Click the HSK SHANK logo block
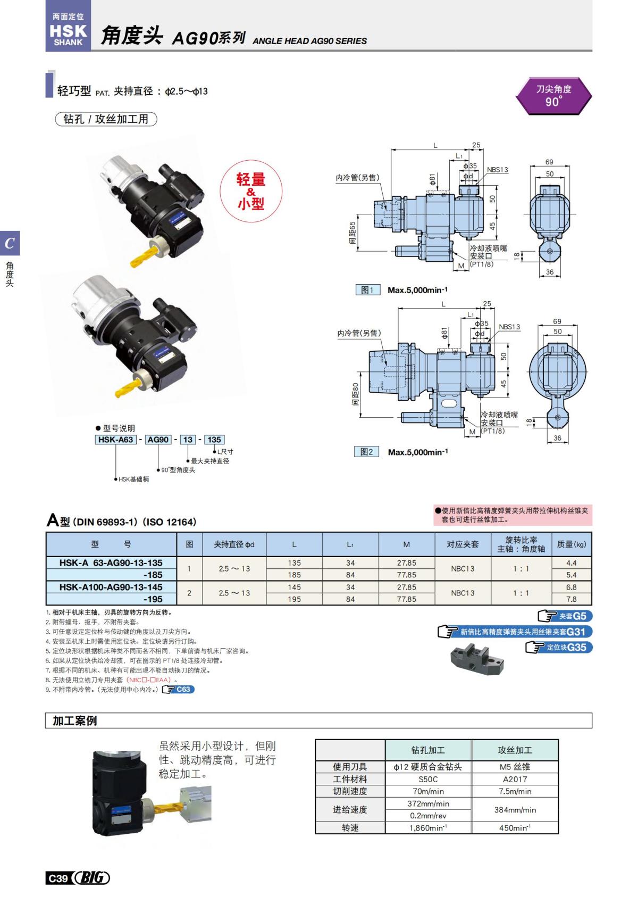(68, 31)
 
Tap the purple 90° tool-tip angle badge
(553, 96)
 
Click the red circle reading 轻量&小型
(251, 191)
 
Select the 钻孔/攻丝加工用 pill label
(106, 119)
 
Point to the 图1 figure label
(367, 290)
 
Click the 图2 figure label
(366, 452)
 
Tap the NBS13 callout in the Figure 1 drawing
(497, 170)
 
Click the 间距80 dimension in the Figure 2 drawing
(355, 394)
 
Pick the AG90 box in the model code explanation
(158, 440)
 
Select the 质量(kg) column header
(571, 544)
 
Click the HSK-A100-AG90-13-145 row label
(111, 587)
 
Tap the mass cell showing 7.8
(571, 599)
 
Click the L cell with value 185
(294, 575)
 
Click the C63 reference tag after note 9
(179, 690)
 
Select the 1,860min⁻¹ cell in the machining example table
(428, 828)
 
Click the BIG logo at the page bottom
(91, 878)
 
